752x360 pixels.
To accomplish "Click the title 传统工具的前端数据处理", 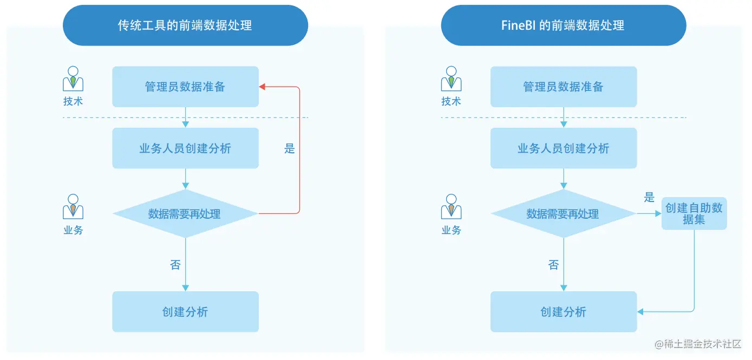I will [x=185, y=25].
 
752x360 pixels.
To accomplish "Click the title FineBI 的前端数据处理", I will [x=563, y=25].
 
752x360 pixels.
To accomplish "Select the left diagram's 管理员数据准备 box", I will [x=185, y=87].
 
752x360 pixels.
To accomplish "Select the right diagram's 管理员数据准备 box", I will [x=563, y=87].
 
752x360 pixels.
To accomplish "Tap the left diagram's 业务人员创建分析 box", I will [x=185, y=148].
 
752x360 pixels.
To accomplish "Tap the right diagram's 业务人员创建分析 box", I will [x=563, y=148].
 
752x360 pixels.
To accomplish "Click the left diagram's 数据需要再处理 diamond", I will [x=185, y=214].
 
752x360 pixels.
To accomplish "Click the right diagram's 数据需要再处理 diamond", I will [x=563, y=214].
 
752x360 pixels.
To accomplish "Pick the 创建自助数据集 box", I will [x=694, y=214].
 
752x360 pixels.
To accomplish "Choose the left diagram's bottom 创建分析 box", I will [x=185, y=312].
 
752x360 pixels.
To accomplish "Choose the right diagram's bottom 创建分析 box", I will [x=563, y=312].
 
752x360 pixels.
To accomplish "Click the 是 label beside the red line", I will [x=290, y=148].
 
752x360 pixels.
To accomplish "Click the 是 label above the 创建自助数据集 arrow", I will [x=649, y=198].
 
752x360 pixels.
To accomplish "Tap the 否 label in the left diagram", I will [x=175, y=265].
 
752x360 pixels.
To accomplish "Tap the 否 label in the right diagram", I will [x=553, y=265].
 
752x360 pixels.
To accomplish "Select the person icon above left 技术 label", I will [x=73, y=78].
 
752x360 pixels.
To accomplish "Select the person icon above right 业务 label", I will [x=451, y=206].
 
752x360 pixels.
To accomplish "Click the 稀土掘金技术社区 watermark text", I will [x=702, y=344].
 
